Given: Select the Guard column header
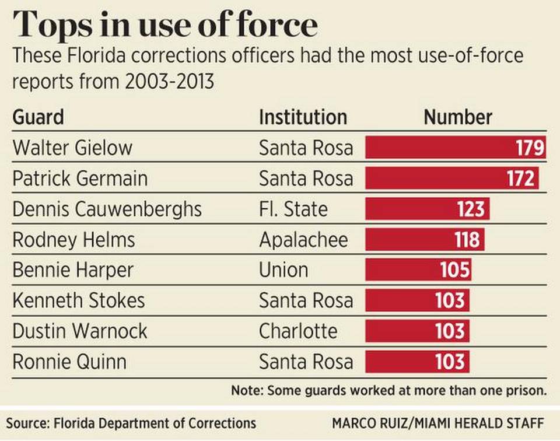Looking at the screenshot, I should click(38, 117).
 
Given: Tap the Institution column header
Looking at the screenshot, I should click(303, 117).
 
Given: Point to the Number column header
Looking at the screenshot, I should click(458, 117).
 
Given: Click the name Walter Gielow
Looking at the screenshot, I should click(72, 148).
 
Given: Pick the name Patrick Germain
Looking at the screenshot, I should click(80, 178).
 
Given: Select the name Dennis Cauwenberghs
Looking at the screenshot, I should click(107, 209).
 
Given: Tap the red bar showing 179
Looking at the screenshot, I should click(455, 148).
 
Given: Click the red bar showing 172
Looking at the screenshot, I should click(452, 178).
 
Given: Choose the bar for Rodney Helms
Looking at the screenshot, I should click(425, 239).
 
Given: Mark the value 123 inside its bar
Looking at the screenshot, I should click(471, 209).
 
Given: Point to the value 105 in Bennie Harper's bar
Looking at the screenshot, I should click(454, 270).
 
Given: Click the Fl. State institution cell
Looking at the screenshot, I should click(293, 209).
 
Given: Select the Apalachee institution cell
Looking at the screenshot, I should click(303, 239).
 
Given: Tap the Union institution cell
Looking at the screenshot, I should click(283, 270).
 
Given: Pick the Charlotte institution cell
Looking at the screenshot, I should click(298, 331).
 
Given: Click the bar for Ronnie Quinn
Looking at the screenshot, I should click(418, 362).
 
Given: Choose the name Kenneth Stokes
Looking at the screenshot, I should click(78, 300).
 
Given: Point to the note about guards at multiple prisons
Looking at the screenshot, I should click(388, 390).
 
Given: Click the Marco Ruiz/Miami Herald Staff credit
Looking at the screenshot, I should click(438, 422).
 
